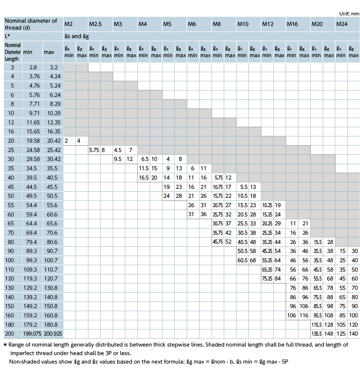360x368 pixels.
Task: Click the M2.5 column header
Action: pos(95,24)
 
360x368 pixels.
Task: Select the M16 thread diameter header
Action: pos(292,24)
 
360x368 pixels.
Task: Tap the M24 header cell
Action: pos(342,24)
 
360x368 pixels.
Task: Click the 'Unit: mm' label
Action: pos(349,14)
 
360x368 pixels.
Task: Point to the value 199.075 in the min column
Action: pos(32,334)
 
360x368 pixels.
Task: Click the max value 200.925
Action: pos(53,334)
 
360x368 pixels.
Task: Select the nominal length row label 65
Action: pos(11,223)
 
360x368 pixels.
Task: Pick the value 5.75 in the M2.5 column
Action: pos(94,150)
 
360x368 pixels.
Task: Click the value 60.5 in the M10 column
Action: pos(242,260)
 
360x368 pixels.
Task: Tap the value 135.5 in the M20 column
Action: pos(317,334)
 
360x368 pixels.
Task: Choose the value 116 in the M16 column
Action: pos(304,315)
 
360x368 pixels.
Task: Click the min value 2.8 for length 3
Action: pos(33,67)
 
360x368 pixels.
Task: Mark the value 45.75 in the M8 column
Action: pos(218,242)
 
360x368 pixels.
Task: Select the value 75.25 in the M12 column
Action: pos(267,278)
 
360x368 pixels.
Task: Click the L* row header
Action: pos(7,36)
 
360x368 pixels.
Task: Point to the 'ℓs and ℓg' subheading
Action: pos(77,36)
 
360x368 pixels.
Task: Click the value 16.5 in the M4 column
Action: pos(144,178)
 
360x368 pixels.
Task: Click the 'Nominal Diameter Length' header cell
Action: pos(13,52)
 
